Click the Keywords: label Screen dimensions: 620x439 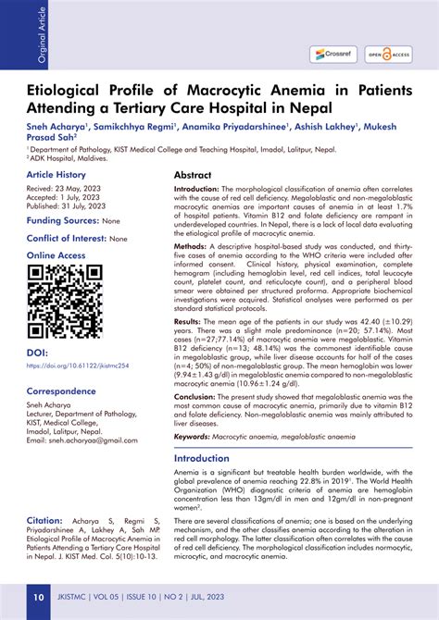193,435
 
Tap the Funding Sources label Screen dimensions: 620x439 62,221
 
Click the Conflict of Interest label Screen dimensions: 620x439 66,238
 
